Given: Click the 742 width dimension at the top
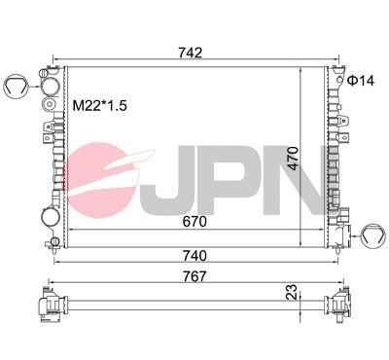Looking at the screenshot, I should [191, 53].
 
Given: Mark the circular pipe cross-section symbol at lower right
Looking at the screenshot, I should [371, 233].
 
